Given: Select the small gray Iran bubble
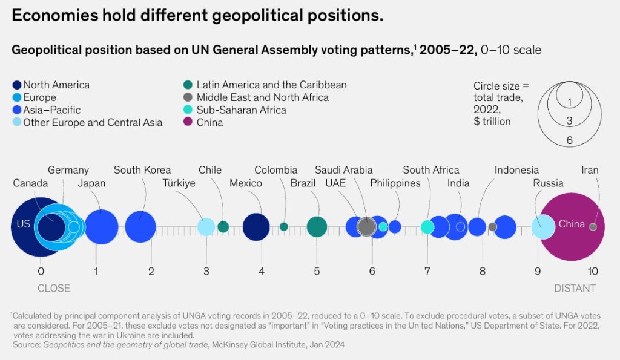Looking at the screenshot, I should pyautogui.click(x=593, y=227).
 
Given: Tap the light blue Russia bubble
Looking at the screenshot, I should pyautogui.click(x=543, y=227).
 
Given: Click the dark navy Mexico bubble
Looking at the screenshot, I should pyautogui.click(x=256, y=227).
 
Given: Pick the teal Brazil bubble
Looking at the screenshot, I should pyautogui.click(x=317, y=227).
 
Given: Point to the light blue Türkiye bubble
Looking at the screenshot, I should pyautogui.click(x=206, y=227).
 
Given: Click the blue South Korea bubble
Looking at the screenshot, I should pyautogui.click(x=141, y=227).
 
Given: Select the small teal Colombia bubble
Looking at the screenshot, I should pyautogui.click(x=284, y=227).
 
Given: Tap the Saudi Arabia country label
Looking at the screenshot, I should pyautogui.click(x=343, y=170).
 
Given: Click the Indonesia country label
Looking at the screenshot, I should pyautogui.click(x=516, y=170).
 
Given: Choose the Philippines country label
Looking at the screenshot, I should pyautogui.click(x=395, y=183).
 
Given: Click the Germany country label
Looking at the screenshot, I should pyautogui.click(x=68, y=170).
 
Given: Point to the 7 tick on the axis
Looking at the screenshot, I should pyautogui.click(x=427, y=271).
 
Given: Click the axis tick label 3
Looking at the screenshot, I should pyautogui.click(x=206, y=271).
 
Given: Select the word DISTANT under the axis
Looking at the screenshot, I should pyautogui.click(x=575, y=289).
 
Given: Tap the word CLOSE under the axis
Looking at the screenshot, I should pyautogui.click(x=54, y=289).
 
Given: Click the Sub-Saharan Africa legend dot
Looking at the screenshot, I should pyautogui.click(x=188, y=110).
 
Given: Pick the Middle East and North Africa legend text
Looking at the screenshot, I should pyautogui.click(x=262, y=97).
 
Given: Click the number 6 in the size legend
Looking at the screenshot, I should pyautogui.click(x=569, y=140).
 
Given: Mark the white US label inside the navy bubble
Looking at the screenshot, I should pyautogui.click(x=23, y=224).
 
